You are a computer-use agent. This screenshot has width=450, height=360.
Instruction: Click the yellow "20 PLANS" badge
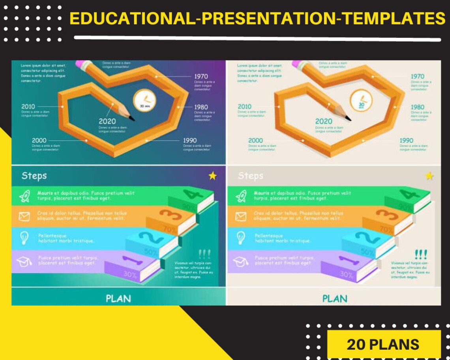(383, 344)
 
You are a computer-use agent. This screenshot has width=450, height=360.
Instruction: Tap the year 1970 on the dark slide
(201, 76)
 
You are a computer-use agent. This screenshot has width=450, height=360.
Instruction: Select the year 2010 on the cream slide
(244, 106)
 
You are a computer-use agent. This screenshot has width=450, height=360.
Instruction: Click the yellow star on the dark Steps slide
(213, 176)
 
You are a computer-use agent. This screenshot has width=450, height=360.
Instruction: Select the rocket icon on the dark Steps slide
(24, 195)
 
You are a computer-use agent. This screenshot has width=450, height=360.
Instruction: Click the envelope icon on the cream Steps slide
(240, 216)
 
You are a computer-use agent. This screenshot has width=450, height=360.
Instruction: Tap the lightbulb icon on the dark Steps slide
(24, 238)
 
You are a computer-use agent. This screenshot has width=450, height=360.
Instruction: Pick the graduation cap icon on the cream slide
(240, 261)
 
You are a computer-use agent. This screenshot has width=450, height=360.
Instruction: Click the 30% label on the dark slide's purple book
(130, 274)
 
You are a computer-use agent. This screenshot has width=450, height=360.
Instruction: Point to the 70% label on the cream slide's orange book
(387, 229)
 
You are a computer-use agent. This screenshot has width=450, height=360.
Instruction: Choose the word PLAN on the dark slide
(118, 298)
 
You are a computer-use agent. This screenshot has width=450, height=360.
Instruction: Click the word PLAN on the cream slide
(334, 298)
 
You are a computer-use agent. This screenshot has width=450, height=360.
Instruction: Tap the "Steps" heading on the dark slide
(34, 176)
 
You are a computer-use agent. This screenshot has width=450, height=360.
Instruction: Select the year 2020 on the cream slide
(323, 121)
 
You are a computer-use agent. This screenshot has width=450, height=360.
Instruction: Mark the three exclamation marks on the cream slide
(421, 254)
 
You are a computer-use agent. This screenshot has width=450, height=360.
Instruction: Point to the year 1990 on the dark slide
(190, 141)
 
